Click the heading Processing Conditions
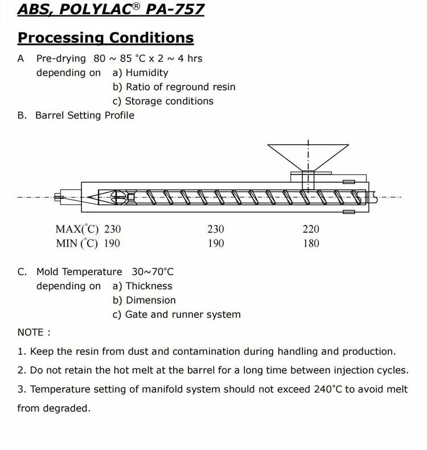coord(105,38)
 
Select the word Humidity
coord(147,73)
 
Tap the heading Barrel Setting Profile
coord(85,116)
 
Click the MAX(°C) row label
coord(77,230)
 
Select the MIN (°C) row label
coord(77,244)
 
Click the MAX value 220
coord(311,230)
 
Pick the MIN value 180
coord(311,244)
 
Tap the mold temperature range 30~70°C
coord(153,272)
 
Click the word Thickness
coord(149,287)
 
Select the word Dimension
coord(150,301)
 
